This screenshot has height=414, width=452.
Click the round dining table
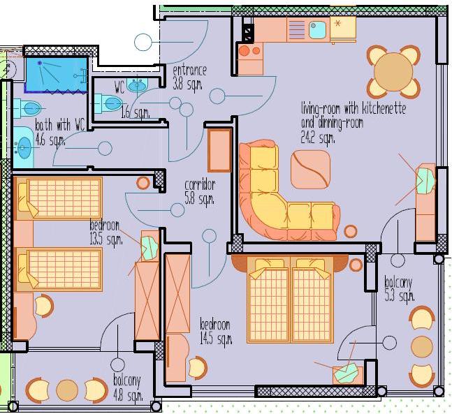pyautogui.click(x=393, y=71)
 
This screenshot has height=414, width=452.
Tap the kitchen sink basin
pyautogui.click(x=317, y=29)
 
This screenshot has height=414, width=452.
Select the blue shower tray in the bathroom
pyautogui.click(x=57, y=75)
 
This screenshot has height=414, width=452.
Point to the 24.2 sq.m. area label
pyautogui.click(x=318, y=137)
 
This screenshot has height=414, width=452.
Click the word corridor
pyautogui.click(x=200, y=185)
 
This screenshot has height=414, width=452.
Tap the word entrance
pyautogui.click(x=190, y=71)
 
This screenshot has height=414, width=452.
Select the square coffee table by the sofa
pyautogui.click(x=310, y=170)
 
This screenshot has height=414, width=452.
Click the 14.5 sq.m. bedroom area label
pyautogui.click(x=216, y=339)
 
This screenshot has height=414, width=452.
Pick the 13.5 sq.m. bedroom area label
pyautogui.click(x=105, y=239)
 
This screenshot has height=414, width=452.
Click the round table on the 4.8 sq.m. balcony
pyautogui.click(x=67, y=390)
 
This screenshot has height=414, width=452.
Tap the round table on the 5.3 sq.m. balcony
pyautogui.click(x=422, y=347)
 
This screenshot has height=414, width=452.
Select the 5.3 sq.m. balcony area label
pyautogui.click(x=400, y=296)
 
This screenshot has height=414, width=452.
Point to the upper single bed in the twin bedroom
pyautogui.click(x=59, y=198)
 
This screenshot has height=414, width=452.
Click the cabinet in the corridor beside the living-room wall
pyautogui.click(x=219, y=150)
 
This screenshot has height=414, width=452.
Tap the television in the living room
pyautogui.click(x=425, y=180)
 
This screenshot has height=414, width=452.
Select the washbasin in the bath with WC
pyautogui.click(x=24, y=147)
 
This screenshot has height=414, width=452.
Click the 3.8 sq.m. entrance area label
pyautogui.click(x=187, y=84)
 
